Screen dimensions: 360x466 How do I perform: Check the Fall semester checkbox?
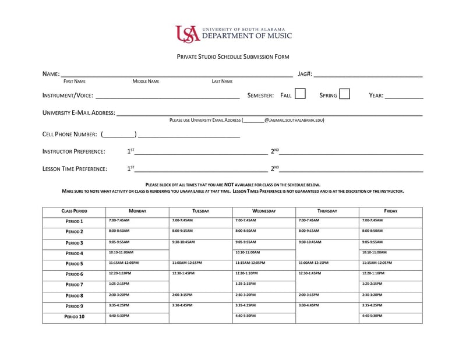[300, 94]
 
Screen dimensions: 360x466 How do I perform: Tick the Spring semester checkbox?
[344, 94]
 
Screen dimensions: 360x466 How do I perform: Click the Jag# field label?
[305, 75]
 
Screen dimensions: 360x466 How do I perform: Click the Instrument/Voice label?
[68, 96]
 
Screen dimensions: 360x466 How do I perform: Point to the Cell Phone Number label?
[69, 134]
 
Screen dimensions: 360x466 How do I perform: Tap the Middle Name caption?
[146, 82]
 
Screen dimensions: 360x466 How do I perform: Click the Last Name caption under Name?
[222, 82]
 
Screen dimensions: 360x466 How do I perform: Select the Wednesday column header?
[264, 211]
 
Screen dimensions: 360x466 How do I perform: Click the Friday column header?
[390, 211]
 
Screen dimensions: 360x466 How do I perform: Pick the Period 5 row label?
[74, 264]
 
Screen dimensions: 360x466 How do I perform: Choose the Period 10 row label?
[74, 317]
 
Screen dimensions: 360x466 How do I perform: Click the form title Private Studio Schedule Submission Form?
[233, 57]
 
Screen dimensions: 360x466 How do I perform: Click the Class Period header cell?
[74, 211]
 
